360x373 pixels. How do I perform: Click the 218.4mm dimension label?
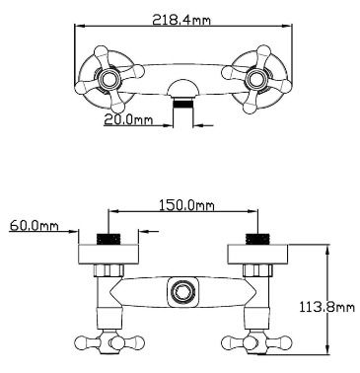pyautogui.click(x=181, y=20)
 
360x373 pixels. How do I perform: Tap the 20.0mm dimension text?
pyautogui.click(x=128, y=119)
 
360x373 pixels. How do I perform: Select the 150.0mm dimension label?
pyautogui.click(x=186, y=205)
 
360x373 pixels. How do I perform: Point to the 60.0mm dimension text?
pyautogui.click(x=34, y=226)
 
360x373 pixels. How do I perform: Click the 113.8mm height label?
pyautogui.click(x=327, y=307)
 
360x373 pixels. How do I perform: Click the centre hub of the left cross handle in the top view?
pyautogui.click(x=108, y=79)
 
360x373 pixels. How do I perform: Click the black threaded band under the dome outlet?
pyautogui.click(x=182, y=104)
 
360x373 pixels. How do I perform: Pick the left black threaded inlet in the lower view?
pyautogui.click(x=108, y=239)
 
